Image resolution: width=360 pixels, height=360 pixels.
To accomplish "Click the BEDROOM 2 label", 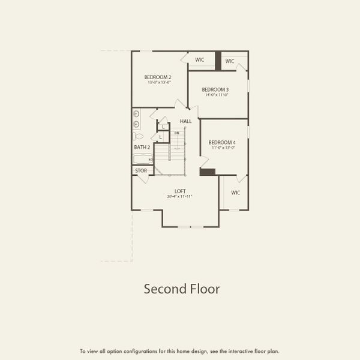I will click(158, 77).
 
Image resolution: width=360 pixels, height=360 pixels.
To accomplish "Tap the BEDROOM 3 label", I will click(215, 89).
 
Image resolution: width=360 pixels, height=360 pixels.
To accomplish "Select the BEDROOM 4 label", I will click(222, 142).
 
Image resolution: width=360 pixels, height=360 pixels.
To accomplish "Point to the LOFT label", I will click(180, 191).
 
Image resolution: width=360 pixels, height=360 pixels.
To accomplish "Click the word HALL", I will click(185, 121).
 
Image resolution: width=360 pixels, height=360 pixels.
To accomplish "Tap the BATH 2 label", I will click(142, 147).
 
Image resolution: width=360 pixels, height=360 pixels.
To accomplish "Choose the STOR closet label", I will click(141, 171).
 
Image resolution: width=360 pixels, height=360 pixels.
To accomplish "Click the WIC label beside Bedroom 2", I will click(200, 60).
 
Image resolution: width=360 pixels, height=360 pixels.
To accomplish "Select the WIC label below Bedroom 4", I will click(236, 193).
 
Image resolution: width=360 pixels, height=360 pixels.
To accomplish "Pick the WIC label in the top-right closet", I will click(230, 61).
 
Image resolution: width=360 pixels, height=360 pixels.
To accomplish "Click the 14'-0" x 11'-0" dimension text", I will click(216, 95).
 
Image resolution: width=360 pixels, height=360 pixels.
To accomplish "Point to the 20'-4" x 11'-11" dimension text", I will click(180, 197).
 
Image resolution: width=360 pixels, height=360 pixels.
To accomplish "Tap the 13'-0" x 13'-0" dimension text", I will click(158, 82).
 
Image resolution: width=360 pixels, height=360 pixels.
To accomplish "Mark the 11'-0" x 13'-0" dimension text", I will click(222, 148).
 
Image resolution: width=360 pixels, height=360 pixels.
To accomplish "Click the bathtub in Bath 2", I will click(143, 159).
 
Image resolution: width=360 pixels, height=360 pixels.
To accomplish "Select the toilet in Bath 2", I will click(138, 136).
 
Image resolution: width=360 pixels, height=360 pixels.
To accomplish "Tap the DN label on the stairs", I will click(176, 133).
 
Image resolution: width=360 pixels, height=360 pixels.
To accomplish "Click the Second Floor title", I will click(181, 289).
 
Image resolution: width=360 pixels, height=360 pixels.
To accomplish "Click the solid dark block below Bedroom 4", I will click(208, 172).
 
